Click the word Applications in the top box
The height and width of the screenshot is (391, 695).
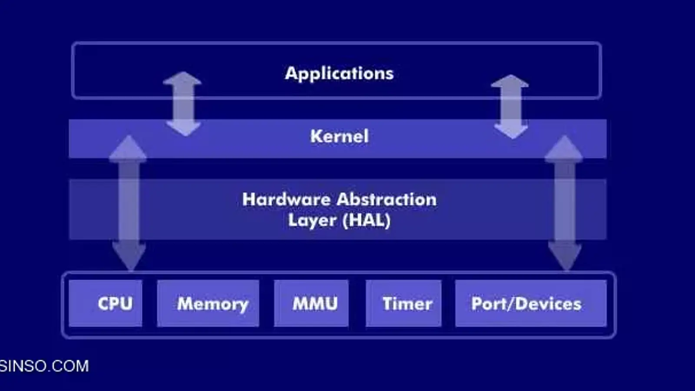click(339, 73)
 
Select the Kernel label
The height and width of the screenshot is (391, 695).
click(339, 136)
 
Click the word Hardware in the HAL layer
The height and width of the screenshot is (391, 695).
click(286, 200)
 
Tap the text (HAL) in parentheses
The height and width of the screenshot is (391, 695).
click(367, 220)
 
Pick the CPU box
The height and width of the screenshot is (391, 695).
click(106, 303)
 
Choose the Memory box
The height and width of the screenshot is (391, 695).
click(208, 303)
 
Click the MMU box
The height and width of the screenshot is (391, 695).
click(311, 303)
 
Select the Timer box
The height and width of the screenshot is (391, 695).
click(404, 303)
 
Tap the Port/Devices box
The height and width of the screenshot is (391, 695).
click(530, 303)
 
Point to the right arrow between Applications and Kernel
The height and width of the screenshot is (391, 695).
click(510, 106)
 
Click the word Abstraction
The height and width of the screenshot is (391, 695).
click(387, 200)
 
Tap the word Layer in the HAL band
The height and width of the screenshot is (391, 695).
click(312, 221)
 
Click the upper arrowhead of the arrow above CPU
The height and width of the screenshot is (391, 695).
click(128, 148)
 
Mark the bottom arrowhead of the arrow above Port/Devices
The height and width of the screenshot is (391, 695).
click(565, 256)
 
